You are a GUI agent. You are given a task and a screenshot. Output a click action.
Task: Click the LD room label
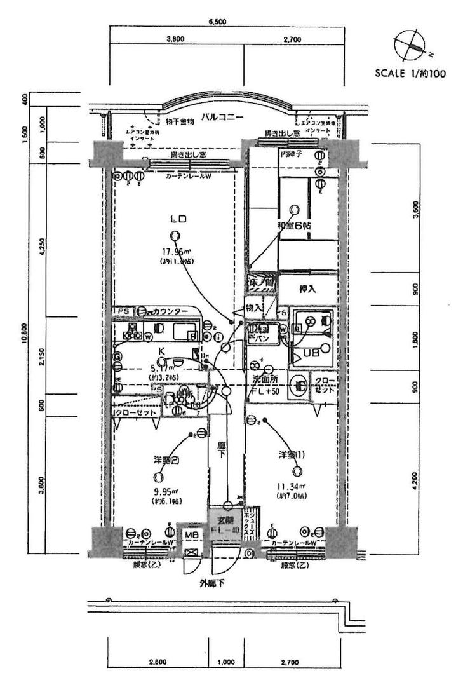click(177, 219)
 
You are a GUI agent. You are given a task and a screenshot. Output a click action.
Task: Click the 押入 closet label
click(308, 288)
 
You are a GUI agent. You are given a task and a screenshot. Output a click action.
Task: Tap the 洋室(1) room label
click(292, 455)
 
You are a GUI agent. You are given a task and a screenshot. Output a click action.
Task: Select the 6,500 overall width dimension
click(217, 22)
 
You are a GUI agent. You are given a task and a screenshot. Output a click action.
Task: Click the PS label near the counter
click(123, 310)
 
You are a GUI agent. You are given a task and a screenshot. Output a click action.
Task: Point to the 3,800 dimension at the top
click(175, 39)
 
